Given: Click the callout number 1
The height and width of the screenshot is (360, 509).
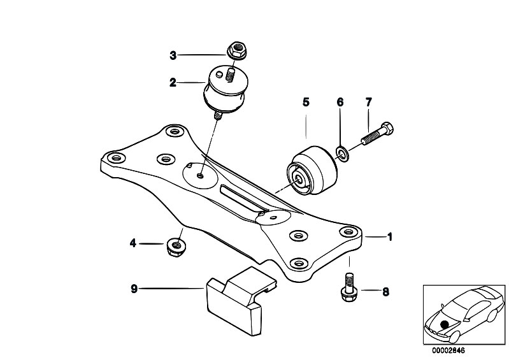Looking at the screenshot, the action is pyautogui.click(x=390, y=237).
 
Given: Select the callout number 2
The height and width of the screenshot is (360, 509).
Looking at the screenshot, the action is pyautogui.click(x=173, y=82).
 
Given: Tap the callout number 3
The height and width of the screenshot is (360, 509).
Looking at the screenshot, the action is pyautogui.click(x=173, y=55).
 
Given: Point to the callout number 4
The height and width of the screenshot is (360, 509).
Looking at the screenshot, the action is pyautogui.click(x=133, y=243).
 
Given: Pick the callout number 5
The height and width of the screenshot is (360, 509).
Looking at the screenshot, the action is pyautogui.click(x=306, y=102).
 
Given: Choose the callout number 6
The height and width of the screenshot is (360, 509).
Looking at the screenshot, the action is pyautogui.click(x=340, y=102).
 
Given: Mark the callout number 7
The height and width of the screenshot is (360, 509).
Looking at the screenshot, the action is pyautogui.click(x=368, y=102).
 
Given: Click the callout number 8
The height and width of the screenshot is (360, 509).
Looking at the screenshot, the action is pyautogui.click(x=385, y=292).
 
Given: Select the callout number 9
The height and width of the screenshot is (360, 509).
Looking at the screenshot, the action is pyautogui.click(x=134, y=289).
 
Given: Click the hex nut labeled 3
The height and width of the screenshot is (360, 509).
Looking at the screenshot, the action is pyautogui.click(x=236, y=51).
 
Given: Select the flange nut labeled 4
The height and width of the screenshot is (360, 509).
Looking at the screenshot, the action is pyautogui.click(x=175, y=247).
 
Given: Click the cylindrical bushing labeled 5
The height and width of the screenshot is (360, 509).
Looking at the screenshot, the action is pyautogui.click(x=312, y=170).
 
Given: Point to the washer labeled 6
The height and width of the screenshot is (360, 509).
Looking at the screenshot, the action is pyautogui.click(x=341, y=154).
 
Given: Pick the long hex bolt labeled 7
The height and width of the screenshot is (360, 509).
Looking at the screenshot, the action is pyautogui.click(x=377, y=134).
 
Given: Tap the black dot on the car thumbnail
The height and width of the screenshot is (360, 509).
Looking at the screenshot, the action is pyautogui.click(x=445, y=324).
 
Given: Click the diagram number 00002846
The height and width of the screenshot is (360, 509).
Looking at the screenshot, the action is pyautogui.click(x=448, y=350).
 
